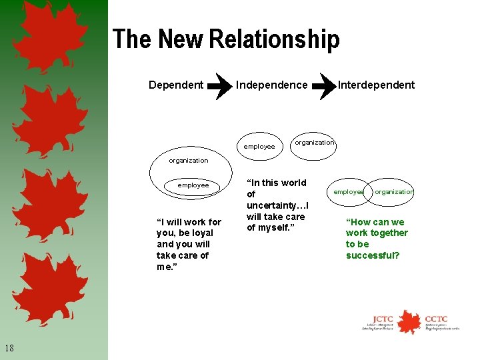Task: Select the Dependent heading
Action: coord(176,85)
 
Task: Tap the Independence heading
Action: coord(272,85)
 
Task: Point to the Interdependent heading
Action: coord(376,85)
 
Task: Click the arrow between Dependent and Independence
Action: coord(219,85)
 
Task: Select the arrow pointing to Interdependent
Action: coord(323,85)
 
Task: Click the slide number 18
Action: coord(9,347)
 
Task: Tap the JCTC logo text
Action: coord(383,319)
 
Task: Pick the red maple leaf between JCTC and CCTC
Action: coord(409,321)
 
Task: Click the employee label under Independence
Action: coord(259,146)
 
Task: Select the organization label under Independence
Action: coord(314,143)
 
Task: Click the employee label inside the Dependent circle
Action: coord(193,185)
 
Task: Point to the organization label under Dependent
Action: coord(188,160)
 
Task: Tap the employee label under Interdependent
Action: coord(349,192)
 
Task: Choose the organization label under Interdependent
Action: coord(394,192)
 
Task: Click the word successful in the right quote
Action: coord(373,255)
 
